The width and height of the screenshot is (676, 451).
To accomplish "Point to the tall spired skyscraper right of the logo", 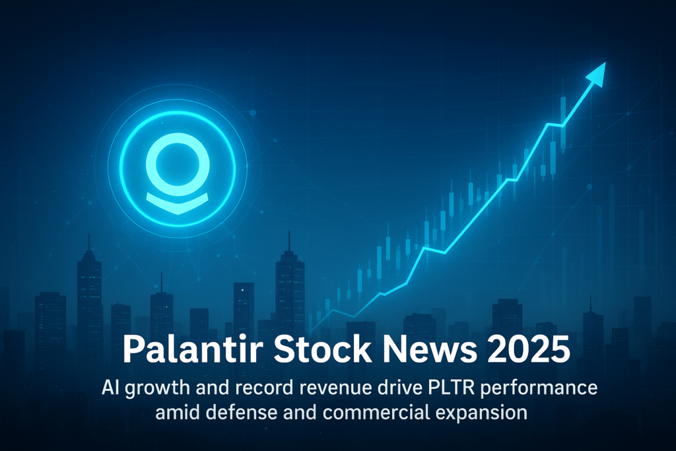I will (289, 284).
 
